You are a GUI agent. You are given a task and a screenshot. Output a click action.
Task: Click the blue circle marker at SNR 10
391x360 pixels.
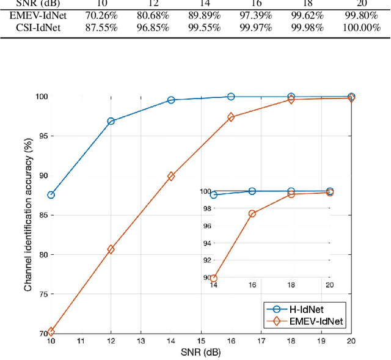51,195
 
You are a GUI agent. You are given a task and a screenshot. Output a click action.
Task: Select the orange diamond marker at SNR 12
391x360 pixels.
111,249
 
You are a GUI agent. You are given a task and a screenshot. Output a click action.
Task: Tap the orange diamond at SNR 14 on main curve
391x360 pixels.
171,176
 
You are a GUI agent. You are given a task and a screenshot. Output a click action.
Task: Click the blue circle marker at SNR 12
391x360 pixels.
111,121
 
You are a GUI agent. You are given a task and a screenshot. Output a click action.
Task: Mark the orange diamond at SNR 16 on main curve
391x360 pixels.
231,117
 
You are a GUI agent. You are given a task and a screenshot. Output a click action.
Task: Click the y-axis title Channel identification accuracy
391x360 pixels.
28,214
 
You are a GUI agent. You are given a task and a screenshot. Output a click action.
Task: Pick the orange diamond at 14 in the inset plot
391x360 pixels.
213,278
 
